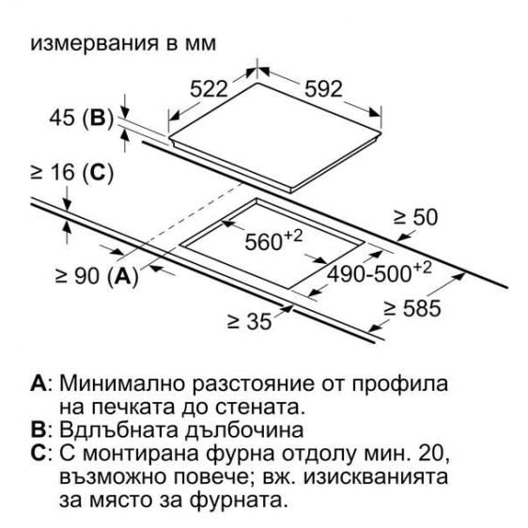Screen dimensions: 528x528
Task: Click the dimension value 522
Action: click(209, 89)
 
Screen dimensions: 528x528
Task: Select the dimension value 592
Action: click(323, 89)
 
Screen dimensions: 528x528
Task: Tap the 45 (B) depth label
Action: click(81, 117)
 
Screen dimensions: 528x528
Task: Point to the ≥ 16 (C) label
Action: click(71, 173)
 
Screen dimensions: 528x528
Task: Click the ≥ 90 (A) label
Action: click(97, 276)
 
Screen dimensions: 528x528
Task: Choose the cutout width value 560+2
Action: click(273, 241)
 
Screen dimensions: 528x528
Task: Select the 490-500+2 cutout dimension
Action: click(380, 272)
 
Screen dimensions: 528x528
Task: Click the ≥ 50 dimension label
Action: click(416, 217)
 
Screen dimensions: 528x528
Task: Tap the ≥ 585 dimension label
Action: click(412, 308)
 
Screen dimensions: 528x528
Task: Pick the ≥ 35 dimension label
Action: click(250, 321)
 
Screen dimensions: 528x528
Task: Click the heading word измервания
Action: click(94, 44)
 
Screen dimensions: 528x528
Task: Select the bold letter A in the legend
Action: click(39, 383)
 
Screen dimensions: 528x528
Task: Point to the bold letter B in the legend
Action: click(39, 429)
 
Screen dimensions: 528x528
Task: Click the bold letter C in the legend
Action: click(39, 453)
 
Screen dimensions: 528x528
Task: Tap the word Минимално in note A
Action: click(122, 383)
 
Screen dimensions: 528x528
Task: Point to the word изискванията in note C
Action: click(376, 477)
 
